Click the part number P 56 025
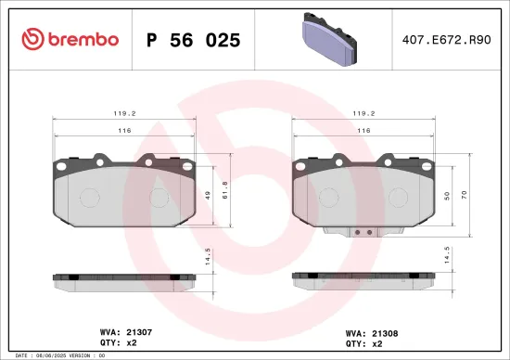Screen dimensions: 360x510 tap(194, 40)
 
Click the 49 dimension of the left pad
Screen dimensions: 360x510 tap(209, 194)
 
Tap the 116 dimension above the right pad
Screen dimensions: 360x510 tap(363, 132)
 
